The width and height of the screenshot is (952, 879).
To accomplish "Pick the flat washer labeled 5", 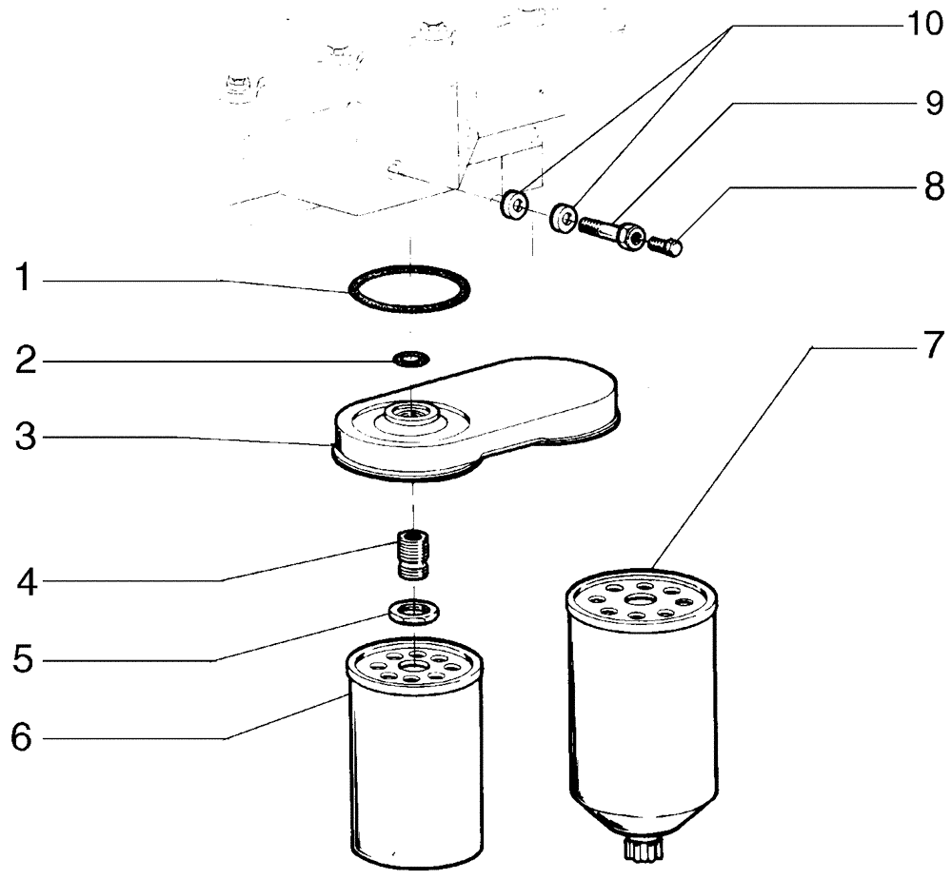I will (413, 611).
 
